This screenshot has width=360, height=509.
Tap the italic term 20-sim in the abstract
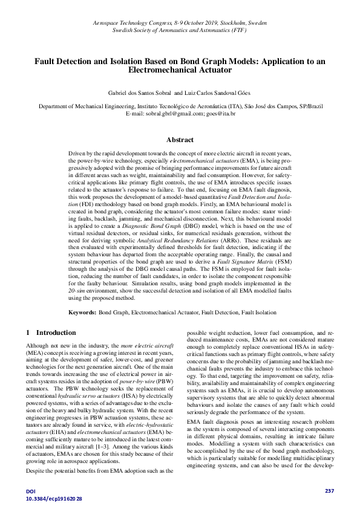[x=76, y=291]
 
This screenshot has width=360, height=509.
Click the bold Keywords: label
[x=82, y=313]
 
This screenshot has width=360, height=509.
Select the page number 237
[x=329, y=490]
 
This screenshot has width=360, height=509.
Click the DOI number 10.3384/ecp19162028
[x=53, y=499]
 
